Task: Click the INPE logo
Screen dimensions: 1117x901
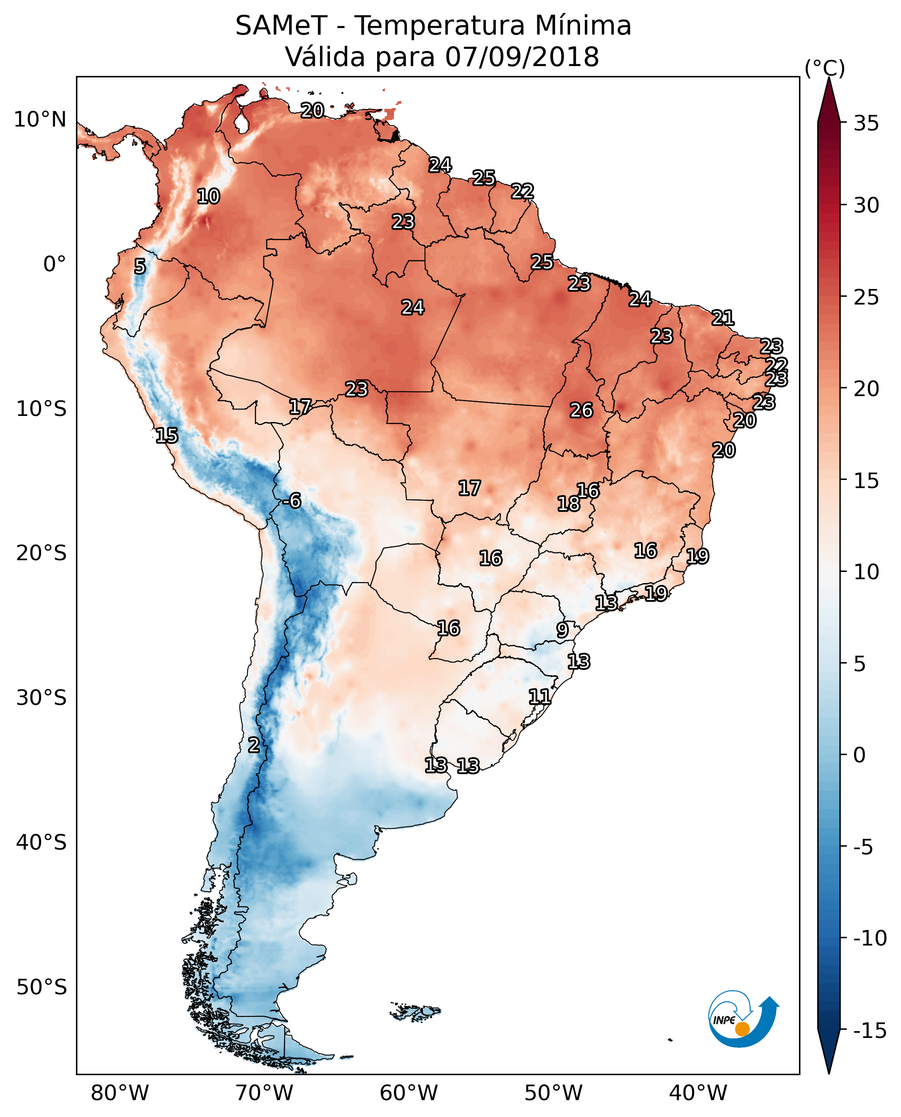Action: click(x=743, y=1019)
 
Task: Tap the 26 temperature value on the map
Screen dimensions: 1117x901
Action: click(x=581, y=411)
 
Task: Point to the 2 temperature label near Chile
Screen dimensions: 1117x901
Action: click(x=253, y=746)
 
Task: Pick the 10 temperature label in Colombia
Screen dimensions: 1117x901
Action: click(x=208, y=197)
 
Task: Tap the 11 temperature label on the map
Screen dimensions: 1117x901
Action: click(x=539, y=697)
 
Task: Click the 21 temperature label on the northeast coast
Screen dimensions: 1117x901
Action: click(x=723, y=317)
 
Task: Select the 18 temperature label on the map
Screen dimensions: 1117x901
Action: click(x=568, y=504)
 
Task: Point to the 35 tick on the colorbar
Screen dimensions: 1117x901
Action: click(x=866, y=124)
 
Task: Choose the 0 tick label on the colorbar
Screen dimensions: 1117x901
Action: click(x=860, y=755)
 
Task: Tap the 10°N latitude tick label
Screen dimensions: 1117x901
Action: click(x=40, y=120)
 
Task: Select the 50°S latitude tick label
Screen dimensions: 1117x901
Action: click(x=41, y=987)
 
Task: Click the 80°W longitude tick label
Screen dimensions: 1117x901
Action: click(x=120, y=1094)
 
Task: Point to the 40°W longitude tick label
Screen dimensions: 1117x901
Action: click(x=698, y=1094)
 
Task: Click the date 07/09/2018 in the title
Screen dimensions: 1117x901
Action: click(x=522, y=57)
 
